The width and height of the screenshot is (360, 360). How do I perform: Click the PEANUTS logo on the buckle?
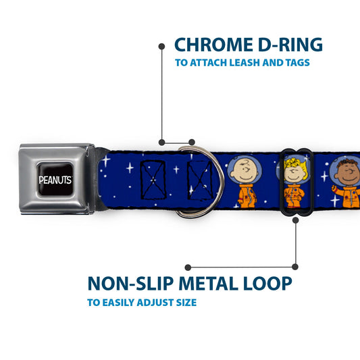tap(55, 180)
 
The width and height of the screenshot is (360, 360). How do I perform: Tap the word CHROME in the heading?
tap(213, 45)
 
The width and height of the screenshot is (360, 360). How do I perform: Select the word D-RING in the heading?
tap(290, 45)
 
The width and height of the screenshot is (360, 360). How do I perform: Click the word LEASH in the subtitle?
tap(245, 63)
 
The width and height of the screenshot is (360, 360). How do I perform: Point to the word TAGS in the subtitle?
tap(298, 63)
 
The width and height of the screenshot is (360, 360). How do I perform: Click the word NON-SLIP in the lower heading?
tap(130, 284)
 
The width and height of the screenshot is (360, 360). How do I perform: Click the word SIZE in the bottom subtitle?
tap(186, 303)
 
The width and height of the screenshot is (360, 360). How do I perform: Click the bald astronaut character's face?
tap(245, 171)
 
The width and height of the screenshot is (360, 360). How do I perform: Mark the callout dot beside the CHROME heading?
tap(161, 47)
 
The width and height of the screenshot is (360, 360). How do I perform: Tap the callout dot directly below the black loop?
tap(296, 220)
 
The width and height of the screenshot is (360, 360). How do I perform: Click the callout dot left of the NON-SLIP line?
tap(188, 267)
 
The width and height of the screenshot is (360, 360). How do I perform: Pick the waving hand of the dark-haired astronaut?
tap(334, 188)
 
